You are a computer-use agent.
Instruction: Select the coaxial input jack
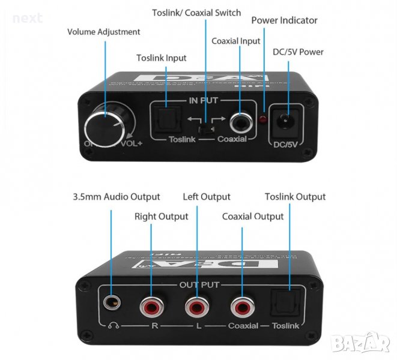240,119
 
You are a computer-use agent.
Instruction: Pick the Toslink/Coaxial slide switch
205,127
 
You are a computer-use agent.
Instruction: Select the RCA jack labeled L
195,308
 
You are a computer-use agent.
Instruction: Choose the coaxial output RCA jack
243,308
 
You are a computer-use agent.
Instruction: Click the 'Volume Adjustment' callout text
103,32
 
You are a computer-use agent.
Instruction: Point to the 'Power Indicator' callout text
284,20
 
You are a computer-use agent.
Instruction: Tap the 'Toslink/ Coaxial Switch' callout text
196,13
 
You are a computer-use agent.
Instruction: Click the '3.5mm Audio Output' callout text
116,197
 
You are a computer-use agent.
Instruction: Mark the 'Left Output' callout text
207,197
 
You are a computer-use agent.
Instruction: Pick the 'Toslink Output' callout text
295,197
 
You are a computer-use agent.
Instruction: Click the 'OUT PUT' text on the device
199,284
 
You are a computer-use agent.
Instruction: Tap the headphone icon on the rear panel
112,326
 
